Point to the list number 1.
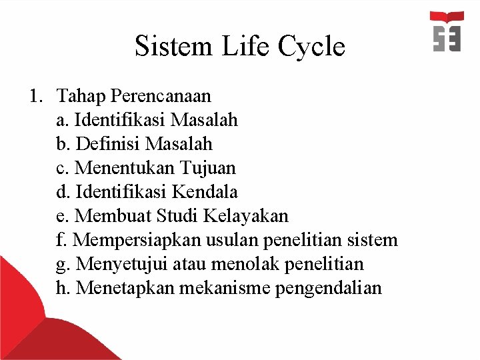(x=35, y=96)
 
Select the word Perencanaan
(x=161, y=96)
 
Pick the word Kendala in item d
(x=205, y=192)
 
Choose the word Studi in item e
(x=178, y=216)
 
